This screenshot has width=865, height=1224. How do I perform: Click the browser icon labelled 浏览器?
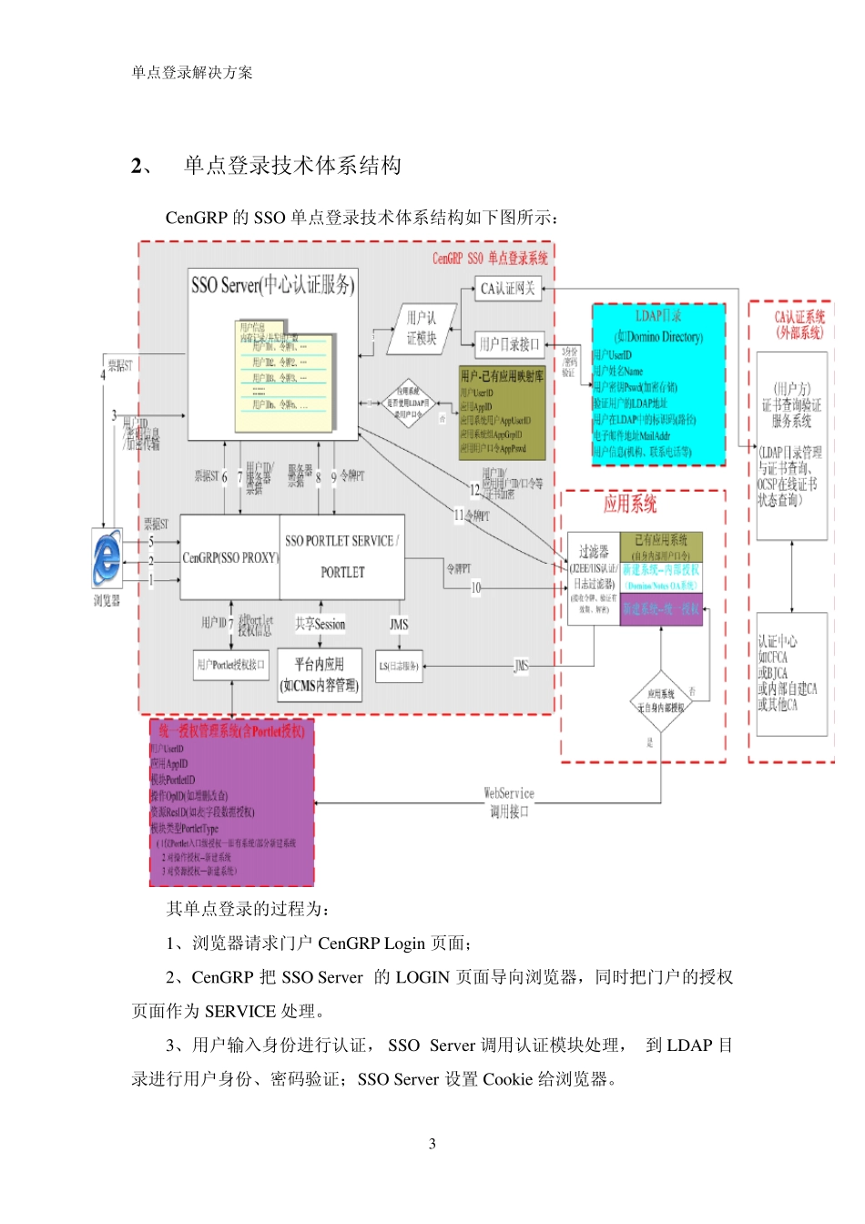[107, 556]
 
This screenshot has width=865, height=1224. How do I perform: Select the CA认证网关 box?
[508, 289]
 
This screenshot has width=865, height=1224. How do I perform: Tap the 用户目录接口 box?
[510, 344]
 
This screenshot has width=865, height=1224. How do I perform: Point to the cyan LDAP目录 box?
[658, 384]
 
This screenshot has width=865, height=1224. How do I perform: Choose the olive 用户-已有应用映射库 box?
[503, 413]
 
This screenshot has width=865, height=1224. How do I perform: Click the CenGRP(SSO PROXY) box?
[229, 556]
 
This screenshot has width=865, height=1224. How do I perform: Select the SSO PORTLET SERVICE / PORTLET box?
[341, 556]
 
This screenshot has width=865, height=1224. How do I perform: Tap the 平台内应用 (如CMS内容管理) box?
[319, 675]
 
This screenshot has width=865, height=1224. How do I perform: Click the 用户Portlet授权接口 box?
[231, 665]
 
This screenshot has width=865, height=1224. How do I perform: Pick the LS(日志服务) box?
[399, 666]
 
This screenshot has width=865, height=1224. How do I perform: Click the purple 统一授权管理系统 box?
[231, 801]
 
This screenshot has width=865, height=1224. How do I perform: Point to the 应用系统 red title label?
[630, 504]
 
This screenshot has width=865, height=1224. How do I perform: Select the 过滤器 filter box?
[594, 578]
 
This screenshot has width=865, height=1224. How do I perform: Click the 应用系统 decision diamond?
[662, 701]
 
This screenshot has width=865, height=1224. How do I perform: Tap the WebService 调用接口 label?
[509, 802]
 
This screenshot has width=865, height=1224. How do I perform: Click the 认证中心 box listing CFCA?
[790, 674]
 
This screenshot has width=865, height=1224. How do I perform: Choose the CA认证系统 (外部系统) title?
[799, 324]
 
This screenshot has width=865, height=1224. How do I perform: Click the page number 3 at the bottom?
[432, 1144]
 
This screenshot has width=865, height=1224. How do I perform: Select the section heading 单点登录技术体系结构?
[292, 165]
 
